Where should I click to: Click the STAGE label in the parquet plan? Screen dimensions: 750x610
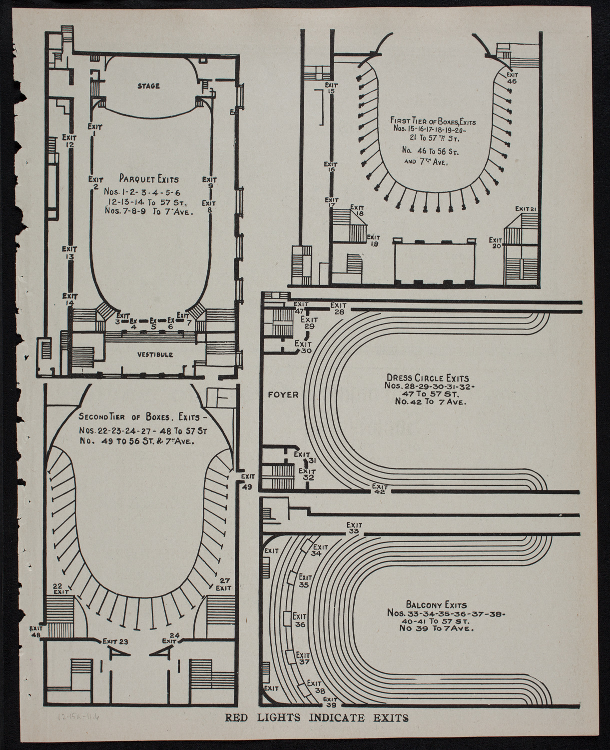(x=148, y=86)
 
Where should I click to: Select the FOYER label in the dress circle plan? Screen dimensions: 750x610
(x=283, y=394)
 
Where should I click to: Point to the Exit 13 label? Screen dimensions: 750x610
(x=69, y=252)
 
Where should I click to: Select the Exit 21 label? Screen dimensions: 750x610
(x=526, y=208)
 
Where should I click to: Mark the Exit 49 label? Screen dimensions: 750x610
(x=247, y=480)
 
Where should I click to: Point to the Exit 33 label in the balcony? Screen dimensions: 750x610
(x=354, y=528)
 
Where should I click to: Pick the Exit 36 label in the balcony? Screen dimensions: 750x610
(x=300, y=620)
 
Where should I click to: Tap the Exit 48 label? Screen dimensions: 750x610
(x=36, y=631)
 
